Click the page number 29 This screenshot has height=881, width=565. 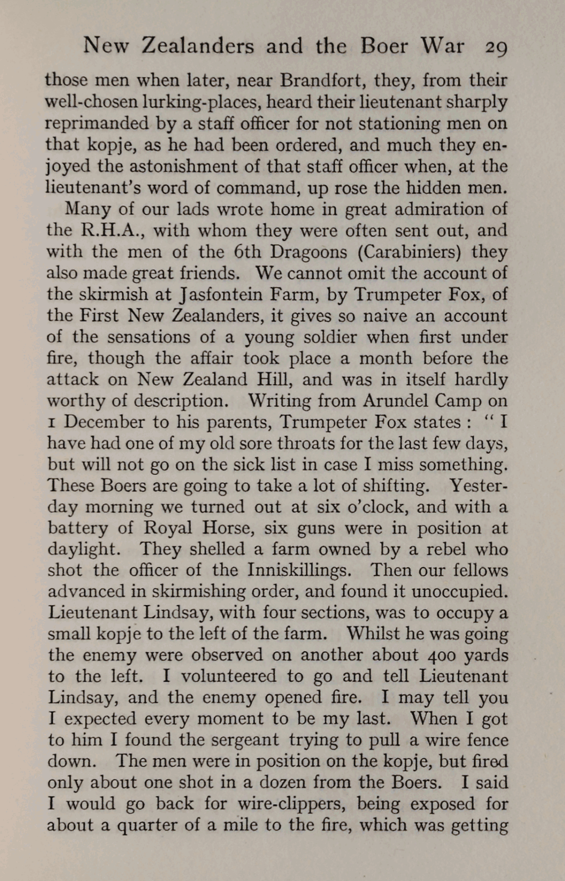tap(496, 47)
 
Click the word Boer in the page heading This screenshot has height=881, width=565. tap(384, 46)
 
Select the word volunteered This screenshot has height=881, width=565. tap(229, 676)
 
